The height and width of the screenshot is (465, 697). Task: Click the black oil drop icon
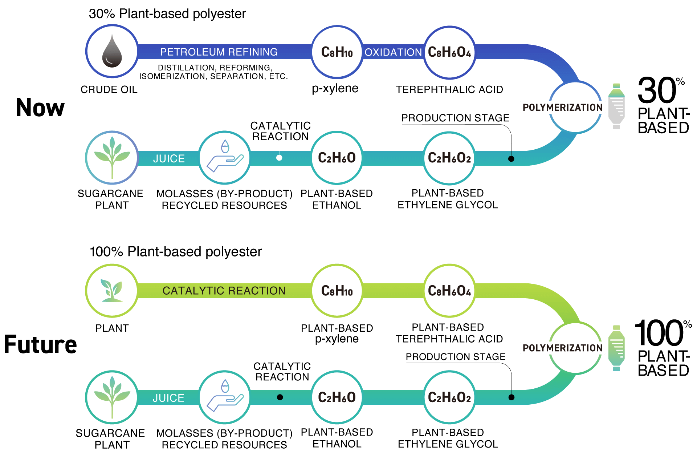112,51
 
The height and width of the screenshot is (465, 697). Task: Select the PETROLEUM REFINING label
219,52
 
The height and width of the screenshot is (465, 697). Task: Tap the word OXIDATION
393,52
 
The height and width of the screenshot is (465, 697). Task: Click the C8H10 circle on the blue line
337,52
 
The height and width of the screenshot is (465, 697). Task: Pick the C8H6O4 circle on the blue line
449,52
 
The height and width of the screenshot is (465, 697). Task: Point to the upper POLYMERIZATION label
562,108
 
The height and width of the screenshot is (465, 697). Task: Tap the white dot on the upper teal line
279,158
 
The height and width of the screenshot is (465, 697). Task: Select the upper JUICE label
169,158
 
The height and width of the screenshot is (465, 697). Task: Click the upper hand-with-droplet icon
225,158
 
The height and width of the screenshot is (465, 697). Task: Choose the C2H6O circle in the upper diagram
337,158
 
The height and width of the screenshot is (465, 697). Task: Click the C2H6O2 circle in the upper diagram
449,158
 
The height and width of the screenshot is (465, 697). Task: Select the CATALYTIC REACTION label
224,291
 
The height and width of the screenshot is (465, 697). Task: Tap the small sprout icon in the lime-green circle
112,291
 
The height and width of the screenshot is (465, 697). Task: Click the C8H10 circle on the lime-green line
337,291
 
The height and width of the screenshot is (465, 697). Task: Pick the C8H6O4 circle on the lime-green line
449,291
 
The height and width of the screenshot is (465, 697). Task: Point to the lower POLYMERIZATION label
562,348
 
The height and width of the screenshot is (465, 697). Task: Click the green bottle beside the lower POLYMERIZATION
616,348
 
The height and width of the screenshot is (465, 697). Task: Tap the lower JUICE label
168,398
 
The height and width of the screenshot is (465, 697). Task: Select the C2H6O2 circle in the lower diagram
449,397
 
